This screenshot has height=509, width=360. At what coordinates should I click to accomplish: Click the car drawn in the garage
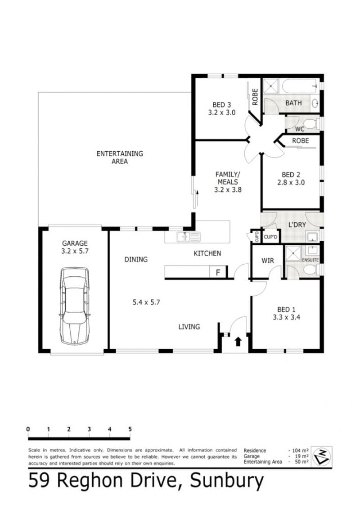coord(74,306)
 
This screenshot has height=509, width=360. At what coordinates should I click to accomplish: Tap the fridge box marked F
coord(218,272)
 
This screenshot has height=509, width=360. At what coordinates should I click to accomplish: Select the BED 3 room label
coord(222,109)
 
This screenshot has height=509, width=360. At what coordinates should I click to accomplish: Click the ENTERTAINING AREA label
coord(120,158)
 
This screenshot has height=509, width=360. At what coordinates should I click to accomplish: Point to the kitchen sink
coord(188,237)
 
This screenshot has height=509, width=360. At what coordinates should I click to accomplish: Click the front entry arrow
coord(238,342)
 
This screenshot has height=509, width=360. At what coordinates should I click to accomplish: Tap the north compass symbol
coord(321,456)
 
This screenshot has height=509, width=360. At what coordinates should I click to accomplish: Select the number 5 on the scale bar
coord(130,429)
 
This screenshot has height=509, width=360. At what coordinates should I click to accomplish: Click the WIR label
coord(267,260)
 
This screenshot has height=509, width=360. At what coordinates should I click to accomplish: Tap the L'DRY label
coord(297,224)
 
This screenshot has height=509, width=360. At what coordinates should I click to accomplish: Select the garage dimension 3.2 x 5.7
coord(75,251)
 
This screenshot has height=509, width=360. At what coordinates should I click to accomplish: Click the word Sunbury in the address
coord(227,481)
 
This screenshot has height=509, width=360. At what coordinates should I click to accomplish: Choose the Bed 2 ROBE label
coord(300,140)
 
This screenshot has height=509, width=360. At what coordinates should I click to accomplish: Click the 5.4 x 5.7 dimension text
coord(146,302)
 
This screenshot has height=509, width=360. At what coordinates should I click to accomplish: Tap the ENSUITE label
coord(310,260)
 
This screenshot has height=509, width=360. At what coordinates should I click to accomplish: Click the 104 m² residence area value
coord(300,450)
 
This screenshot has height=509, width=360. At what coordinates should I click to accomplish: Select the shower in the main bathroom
coord(271,86)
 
